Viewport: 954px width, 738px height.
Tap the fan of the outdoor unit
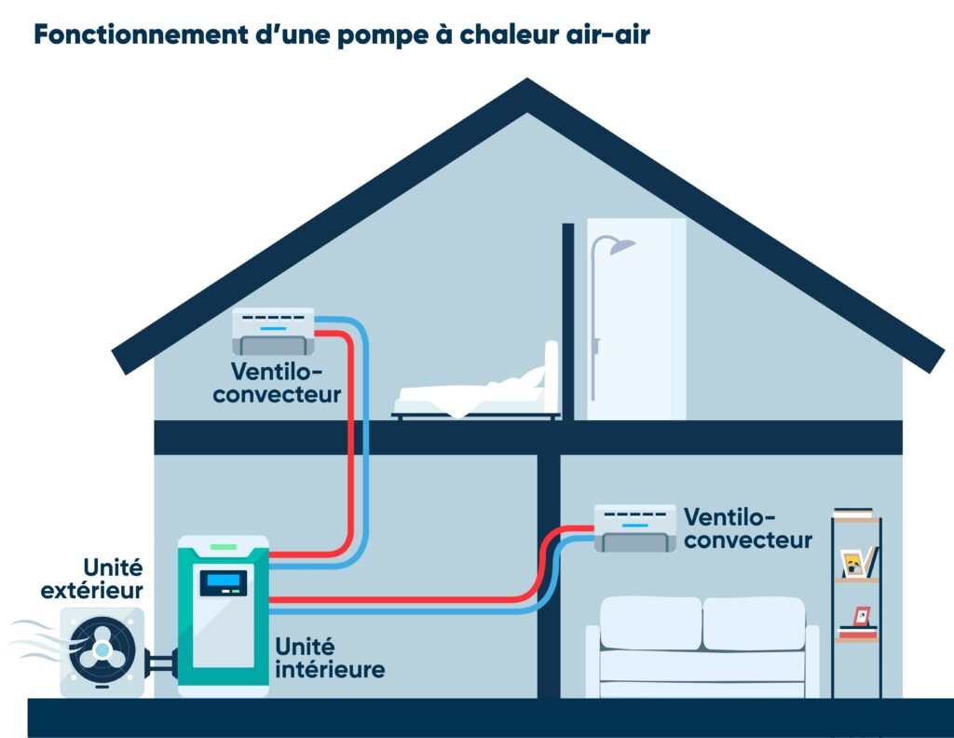(x=102, y=649)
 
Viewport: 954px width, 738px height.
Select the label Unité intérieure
(x=329, y=657)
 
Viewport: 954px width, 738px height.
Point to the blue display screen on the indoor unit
(x=224, y=582)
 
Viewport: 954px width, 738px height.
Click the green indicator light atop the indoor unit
(x=224, y=544)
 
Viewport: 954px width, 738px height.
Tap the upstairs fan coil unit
(x=273, y=330)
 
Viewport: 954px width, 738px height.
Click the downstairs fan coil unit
(x=635, y=527)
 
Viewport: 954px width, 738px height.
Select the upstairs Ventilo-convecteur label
(x=277, y=383)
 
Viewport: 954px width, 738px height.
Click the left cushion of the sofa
(x=650, y=622)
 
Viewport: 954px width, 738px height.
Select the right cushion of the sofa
(x=753, y=622)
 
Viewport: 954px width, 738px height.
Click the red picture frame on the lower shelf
(x=862, y=616)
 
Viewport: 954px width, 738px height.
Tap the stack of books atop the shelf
(x=853, y=513)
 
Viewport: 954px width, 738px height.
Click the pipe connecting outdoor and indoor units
(x=160, y=663)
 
